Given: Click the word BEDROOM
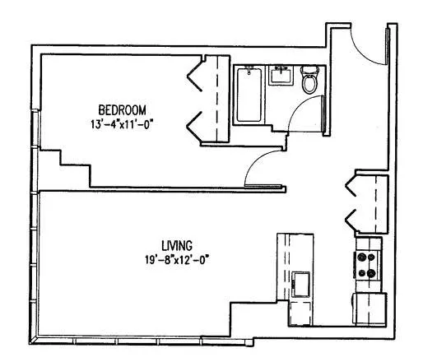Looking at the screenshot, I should point(122,109).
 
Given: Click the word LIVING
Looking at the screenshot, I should point(176,245).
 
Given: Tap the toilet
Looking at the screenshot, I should point(309,81).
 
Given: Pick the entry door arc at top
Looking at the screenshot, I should point(367,49).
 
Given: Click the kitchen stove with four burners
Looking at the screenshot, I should point(366,266).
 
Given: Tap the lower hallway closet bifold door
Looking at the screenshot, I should point(354,218).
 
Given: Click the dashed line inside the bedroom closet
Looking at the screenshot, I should point(216,99).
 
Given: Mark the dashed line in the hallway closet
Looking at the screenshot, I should point(374,202).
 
